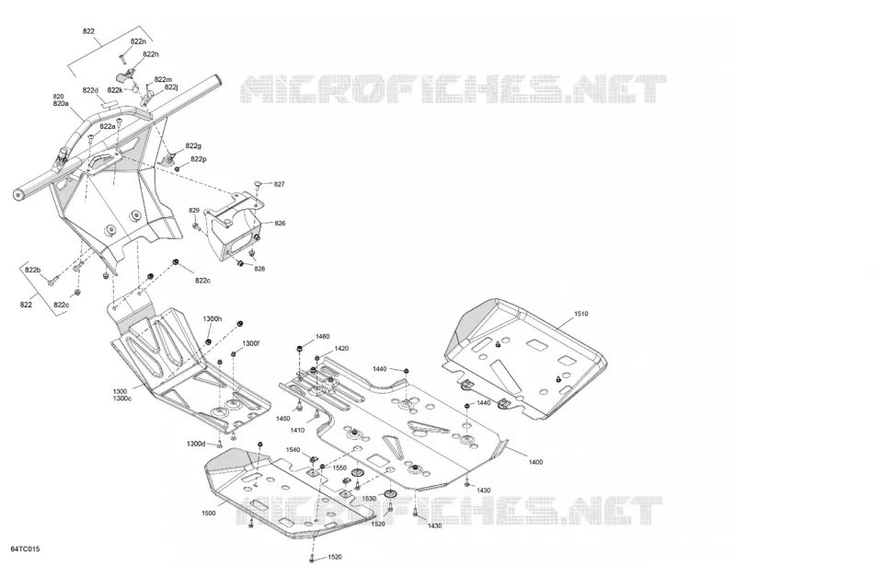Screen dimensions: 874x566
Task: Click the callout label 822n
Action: [138, 41]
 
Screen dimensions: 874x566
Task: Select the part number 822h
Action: [151, 54]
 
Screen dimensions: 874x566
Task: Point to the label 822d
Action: [90, 90]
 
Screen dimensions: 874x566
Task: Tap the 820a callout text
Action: [61, 104]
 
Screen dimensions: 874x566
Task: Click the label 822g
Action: [193, 146]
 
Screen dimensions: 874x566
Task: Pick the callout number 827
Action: [280, 184]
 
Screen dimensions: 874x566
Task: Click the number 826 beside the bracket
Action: [280, 223]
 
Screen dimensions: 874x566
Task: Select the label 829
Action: [194, 210]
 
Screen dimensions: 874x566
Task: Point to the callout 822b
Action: [33, 271]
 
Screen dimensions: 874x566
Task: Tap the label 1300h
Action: [213, 319]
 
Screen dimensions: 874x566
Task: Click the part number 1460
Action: [323, 336]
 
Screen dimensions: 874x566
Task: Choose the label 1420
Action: [341, 349]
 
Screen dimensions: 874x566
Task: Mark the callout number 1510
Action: [581, 314]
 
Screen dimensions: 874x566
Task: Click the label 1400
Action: [535, 462]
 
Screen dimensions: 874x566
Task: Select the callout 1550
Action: [339, 468]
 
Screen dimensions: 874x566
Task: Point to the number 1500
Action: [209, 513]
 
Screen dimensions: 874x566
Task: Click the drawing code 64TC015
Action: [25, 549]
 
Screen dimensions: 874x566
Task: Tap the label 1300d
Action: [196, 444]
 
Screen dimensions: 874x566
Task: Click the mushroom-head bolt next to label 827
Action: [258, 183]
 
